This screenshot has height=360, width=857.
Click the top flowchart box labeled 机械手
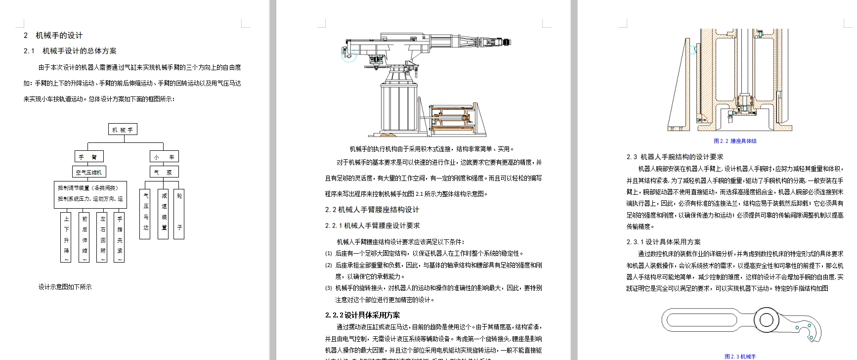coord(123,130)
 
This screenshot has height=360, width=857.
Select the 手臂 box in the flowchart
coord(88,157)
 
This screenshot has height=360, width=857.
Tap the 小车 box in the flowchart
coord(164,157)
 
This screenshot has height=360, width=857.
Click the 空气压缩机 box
coord(88,172)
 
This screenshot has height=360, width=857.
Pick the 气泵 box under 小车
coord(164,172)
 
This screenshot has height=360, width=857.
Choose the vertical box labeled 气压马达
coord(145,214)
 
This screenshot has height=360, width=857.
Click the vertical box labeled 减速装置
coord(164,214)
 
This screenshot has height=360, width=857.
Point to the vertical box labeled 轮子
coord(179,214)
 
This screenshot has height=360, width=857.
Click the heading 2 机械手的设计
coord(53,36)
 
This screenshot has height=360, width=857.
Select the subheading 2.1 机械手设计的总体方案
coord(70,51)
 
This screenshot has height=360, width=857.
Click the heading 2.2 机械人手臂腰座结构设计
coord(372,210)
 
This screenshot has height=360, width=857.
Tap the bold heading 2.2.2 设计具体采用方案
coord(362,315)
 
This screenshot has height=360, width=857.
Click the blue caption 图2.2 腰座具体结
coord(735,141)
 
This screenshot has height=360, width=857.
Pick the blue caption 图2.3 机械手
coord(740,356)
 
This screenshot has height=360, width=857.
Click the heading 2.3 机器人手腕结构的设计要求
coord(675,157)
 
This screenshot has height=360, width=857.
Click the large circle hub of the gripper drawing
coord(766,319)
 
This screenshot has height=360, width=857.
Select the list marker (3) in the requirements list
coord(329,288)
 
